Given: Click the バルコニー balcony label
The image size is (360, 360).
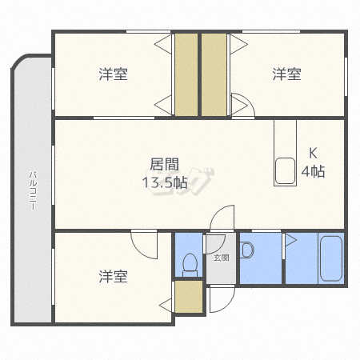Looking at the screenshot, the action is click(x=33, y=191).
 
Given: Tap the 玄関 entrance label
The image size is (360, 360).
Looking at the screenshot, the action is click(x=222, y=258).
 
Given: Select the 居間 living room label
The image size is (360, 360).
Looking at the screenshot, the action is click(x=164, y=164).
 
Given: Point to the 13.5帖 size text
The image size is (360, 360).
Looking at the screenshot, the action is click(x=165, y=182).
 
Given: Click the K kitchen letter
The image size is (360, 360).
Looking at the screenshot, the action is click(x=313, y=154).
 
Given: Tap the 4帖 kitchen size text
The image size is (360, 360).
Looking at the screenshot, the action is click(x=313, y=171).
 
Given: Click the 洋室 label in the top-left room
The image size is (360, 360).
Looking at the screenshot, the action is click(x=114, y=74).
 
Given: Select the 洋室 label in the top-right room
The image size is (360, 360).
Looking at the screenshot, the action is click(x=286, y=74).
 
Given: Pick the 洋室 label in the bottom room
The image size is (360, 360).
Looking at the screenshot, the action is click(x=114, y=276).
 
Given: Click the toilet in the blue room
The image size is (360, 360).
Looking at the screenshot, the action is click(x=190, y=265).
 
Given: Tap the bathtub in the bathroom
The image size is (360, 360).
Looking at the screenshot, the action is click(x=331, y=258).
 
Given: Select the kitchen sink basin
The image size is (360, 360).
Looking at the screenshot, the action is click(x=285, y=171).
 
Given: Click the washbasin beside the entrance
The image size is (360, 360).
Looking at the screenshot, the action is click(x=247, y=250).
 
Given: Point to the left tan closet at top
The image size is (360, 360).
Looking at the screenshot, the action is click(x=186, y=74).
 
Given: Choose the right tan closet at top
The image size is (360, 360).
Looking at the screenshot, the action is click(x=214, y=74).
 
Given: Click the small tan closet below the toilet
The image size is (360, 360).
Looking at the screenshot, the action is click(x=189, y=297).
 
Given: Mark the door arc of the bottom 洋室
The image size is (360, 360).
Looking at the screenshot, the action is click(x=138, y=250).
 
